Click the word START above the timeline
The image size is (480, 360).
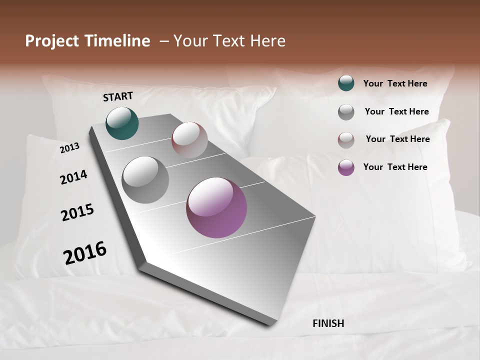[x=118, y=96]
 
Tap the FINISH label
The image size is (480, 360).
[x=328, y=323]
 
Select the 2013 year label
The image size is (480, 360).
[x=69, y=147]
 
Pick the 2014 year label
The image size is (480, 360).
[x=73, y=177]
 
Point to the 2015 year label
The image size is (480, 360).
[x=77, y=212]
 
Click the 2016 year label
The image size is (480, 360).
[x=85, y=252]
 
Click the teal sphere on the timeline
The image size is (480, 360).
[x=122, y=123]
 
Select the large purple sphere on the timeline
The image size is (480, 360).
[x=216, y=207]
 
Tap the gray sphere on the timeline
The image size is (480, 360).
[x=145, y=180]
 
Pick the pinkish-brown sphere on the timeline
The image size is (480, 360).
[x=189, y=140]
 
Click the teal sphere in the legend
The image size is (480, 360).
[x=346, y=83]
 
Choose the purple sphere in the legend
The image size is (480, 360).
[x=346, y=167]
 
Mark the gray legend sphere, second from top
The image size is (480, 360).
[x=346, y=112]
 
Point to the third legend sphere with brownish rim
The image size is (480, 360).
[x=346, y=140]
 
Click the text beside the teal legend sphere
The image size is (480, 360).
[x=395, y=83]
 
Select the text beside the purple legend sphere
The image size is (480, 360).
[x=395, y=167]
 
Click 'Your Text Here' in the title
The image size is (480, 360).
[x=229, y=41]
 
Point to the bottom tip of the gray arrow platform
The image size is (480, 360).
[x=270, y=324]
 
